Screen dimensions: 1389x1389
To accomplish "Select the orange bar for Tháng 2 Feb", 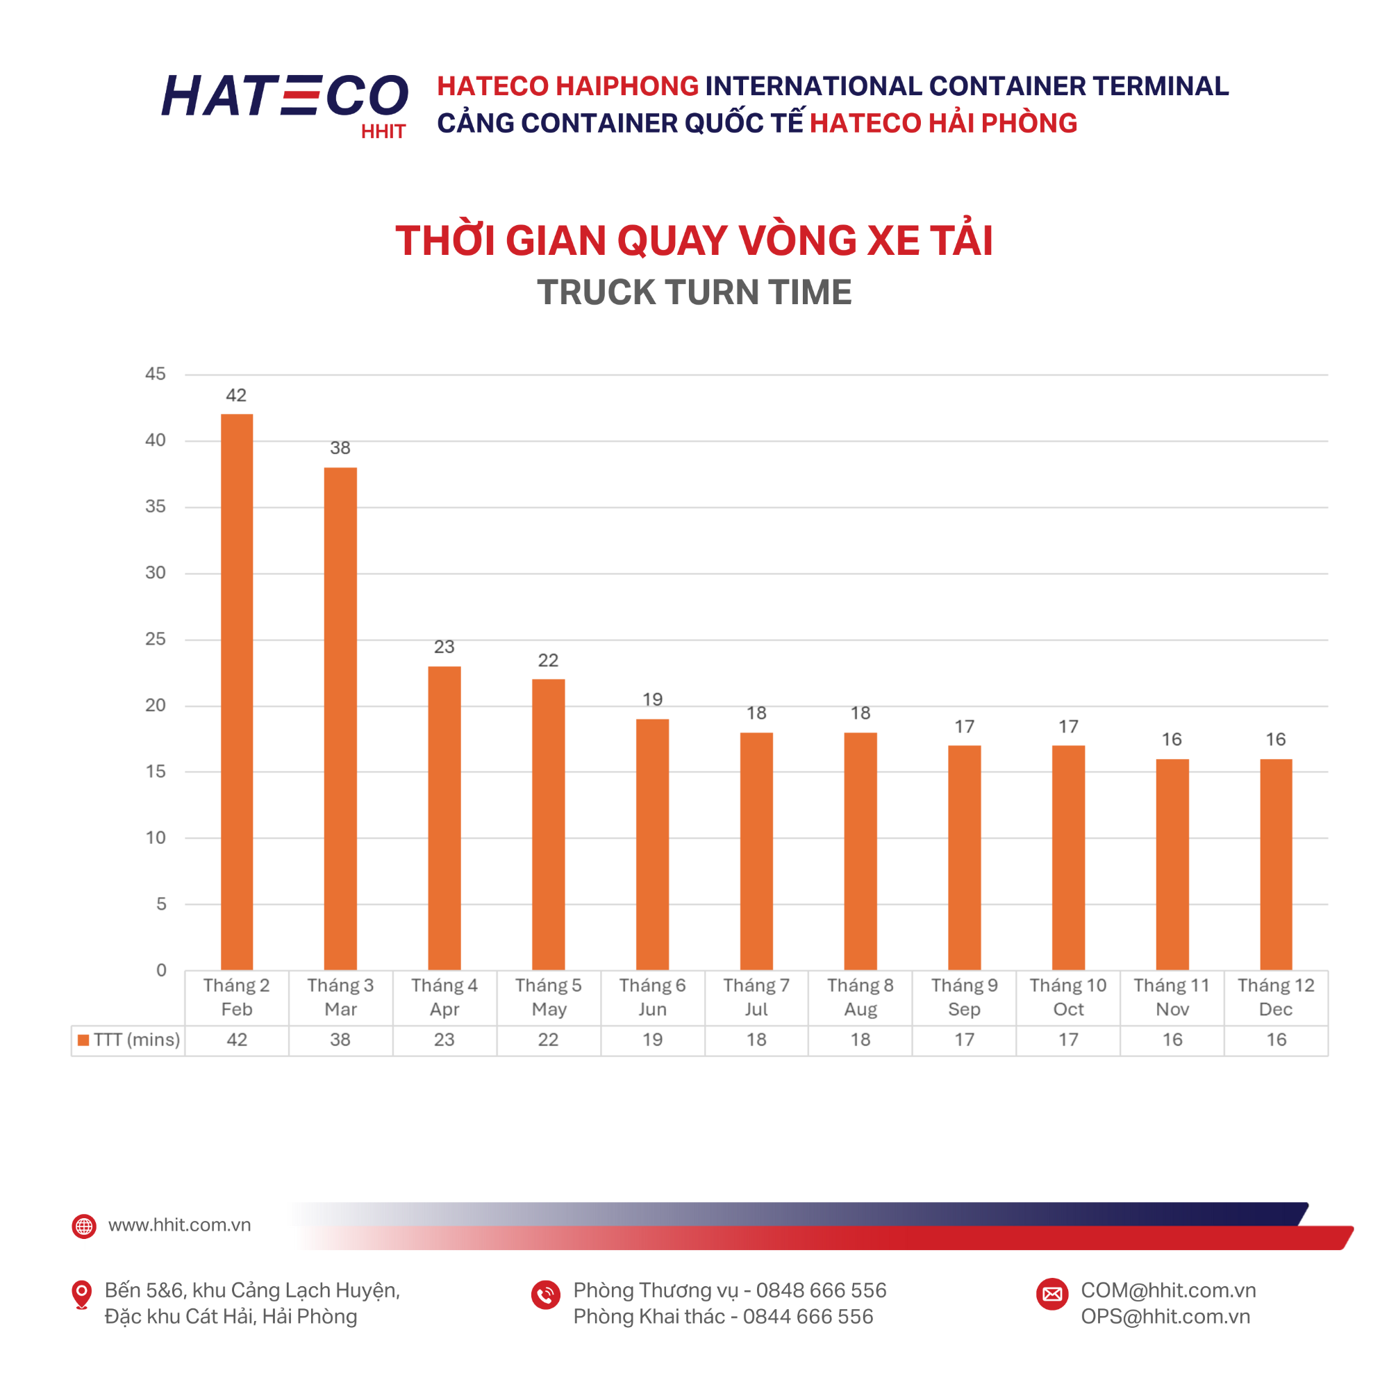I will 237,692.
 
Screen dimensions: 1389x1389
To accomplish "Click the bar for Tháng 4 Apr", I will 444,818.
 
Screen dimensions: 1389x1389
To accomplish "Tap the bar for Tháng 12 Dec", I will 1275,864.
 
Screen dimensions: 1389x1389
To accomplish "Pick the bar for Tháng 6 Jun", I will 652,844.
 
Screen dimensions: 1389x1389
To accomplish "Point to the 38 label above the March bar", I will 340,448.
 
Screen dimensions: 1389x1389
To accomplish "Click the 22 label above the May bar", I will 548,660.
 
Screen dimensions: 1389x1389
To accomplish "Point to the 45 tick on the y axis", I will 156,374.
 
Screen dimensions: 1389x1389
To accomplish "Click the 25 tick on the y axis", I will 156,639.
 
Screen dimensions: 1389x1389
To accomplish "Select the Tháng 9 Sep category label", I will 964,997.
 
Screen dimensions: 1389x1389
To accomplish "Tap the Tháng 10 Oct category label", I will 1067,997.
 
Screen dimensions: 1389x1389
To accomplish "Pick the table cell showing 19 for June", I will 652,1040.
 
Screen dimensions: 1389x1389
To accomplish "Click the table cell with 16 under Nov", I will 1172,1040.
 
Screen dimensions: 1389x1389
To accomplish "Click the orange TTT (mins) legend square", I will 83,1040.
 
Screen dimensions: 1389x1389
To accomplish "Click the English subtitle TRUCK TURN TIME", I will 694,292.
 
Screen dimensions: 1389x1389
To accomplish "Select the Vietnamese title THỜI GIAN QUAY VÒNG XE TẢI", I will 694,240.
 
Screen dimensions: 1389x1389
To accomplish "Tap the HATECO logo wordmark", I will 285,97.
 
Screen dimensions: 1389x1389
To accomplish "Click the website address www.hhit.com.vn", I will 179,1225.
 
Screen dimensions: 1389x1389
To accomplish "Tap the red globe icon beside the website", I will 84,1226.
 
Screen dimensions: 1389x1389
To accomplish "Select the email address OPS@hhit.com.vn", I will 1165,1316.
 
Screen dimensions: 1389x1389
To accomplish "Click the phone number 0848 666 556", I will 821,1290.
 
